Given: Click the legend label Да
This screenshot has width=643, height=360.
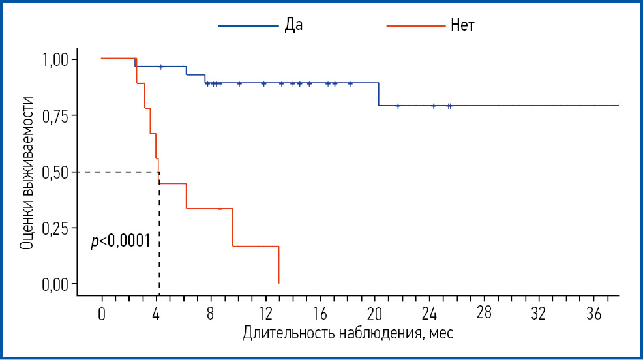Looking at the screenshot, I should [x=293, y=25].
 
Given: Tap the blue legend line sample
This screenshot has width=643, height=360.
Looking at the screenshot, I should [x=248, y=25].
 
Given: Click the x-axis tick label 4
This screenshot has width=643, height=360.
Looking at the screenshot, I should [x=157, y=313].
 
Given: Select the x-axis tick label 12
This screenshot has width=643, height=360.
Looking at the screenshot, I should [x=265, y=313].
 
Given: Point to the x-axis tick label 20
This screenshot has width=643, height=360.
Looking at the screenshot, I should [x=374, y=313].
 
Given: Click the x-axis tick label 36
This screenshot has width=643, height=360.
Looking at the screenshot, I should [x=593, y=313].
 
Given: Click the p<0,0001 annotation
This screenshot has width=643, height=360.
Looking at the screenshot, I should [x=121, y=241].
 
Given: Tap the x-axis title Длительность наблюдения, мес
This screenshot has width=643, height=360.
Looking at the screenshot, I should [x=348, y=334].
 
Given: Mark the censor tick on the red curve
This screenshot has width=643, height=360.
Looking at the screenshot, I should [x=220, y=209].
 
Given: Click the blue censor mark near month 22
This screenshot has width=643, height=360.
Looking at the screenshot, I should [x=397, y=106].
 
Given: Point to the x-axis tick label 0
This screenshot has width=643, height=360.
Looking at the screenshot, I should [x=102, y=313].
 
